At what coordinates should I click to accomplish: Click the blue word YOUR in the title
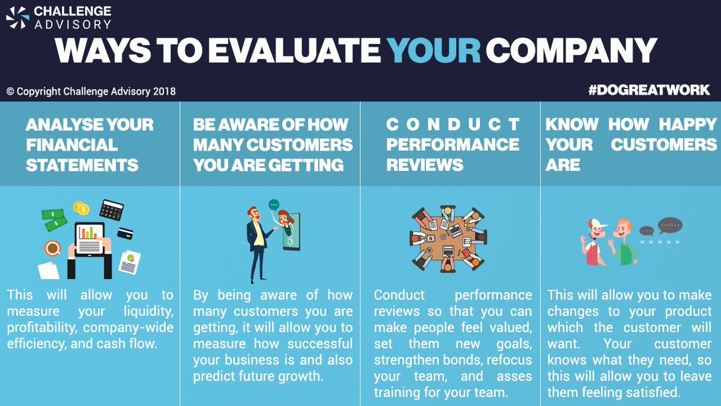(434, 51)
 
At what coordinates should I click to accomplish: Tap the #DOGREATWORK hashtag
(649, 90)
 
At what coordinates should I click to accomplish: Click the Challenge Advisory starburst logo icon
(17, 17)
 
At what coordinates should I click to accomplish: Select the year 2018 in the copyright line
(164, 91)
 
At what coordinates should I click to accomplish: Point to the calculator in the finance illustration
(111, 210)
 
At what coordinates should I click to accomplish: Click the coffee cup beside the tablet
(52, 248)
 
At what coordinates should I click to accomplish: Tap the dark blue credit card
(125, 233)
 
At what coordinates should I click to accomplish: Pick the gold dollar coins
(81, 208)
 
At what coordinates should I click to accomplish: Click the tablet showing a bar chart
(90, 239)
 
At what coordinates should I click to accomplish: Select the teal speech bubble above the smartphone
(274, 205)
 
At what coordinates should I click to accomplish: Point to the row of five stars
(660, 242)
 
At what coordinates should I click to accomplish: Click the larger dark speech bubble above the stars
(670, 226)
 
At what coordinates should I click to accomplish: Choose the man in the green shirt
(623, 242)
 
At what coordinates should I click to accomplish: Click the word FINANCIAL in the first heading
(72, 145)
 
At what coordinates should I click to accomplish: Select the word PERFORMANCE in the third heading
(452, 144)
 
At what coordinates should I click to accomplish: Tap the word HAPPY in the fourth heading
(688, 125)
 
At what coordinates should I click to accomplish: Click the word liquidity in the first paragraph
(148, 312)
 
